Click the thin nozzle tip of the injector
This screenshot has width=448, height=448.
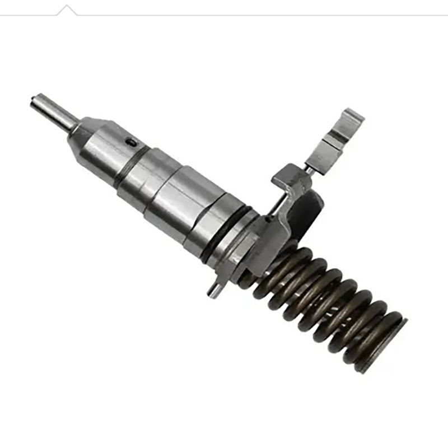coord(53,111)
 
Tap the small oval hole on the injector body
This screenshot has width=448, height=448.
coord(130,142)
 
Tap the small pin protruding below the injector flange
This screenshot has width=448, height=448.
coord(213,291)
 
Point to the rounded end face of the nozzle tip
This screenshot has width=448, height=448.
coord(34,101)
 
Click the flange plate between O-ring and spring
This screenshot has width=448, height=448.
coord(246,252)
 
